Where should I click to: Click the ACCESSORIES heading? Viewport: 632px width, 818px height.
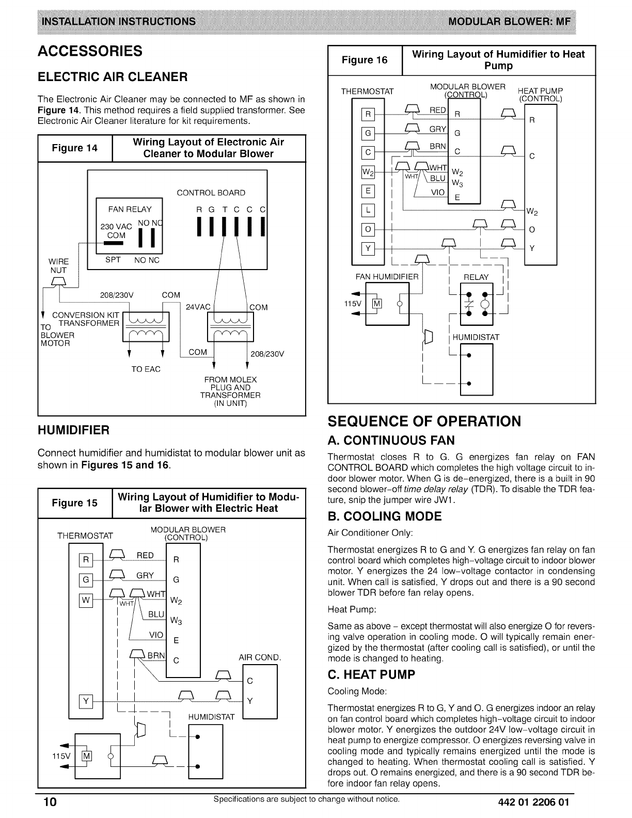[x=90, y=51]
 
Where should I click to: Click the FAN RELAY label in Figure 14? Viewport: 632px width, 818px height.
[x=130, y=209]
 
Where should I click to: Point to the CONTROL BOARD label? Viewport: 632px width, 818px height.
[x=211, y=193]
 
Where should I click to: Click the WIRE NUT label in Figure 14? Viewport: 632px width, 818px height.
[x=59, y=265]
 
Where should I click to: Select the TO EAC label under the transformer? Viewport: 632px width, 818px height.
[x=146, y=369]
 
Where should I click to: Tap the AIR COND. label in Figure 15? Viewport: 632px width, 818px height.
[x=260, y=658]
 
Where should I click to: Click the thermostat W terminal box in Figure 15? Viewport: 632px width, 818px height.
[x=86, y=601]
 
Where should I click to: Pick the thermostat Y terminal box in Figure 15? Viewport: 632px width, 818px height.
[x=86, y=701]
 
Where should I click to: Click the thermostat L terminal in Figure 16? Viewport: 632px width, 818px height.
[x=368, y=210]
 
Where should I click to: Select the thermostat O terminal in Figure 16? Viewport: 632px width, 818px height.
[x=368, y=229]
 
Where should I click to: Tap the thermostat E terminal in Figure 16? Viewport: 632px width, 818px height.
[x=368, y=191]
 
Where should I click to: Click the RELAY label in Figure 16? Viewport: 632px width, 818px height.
[x=476, y=277]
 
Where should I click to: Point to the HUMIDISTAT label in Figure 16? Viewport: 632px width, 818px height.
[x=476, y=337]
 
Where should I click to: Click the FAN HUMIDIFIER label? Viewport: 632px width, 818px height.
[x=387, y=277]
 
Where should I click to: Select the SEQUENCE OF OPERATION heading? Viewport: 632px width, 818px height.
[x=424, y=421]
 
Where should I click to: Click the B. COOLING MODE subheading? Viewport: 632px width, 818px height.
[x=385, y=516]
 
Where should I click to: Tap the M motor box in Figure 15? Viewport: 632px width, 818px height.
[x=87, y=757]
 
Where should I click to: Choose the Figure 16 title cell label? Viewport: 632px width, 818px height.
[x=365, y=60]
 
